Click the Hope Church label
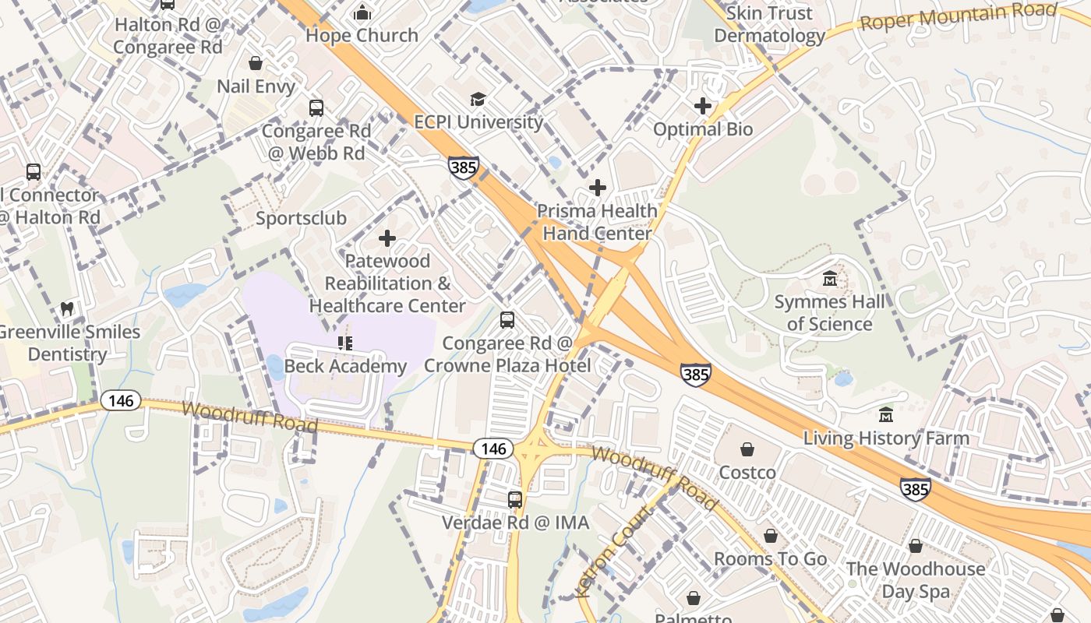(362, 36)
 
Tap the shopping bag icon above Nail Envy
(256, 63)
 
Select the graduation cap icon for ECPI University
(478, 99)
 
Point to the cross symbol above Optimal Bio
(703, 106)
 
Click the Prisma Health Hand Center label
(597, 222)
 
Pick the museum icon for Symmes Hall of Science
(829, 278)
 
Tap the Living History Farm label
(886, 438)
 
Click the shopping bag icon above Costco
(747, 449)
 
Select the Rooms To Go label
(770, 559)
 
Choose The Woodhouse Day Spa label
(916, 580)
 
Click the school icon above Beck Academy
(345, 343)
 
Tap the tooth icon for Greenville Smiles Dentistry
(67, 308)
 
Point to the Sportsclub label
(301, 218)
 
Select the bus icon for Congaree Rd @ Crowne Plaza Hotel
(507, 320)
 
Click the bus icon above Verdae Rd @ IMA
(515, 500)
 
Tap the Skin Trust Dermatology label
(769, 25)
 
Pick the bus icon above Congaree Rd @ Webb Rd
(316, 108)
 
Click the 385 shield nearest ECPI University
(463, 167)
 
